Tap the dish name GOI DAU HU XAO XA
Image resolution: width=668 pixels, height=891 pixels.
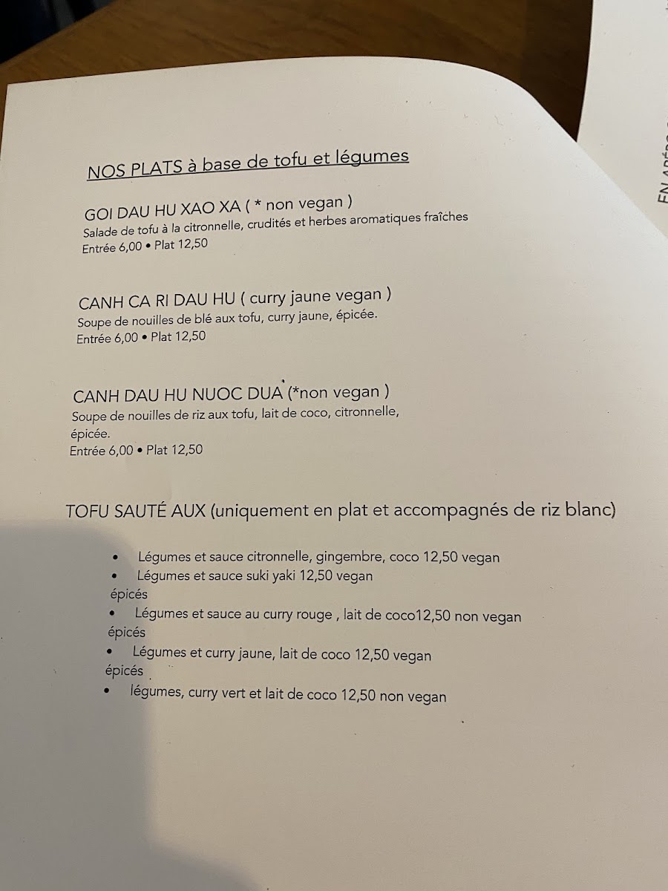pyautogui.click(x=163, y=211)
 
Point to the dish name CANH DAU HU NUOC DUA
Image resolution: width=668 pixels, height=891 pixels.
pyautogui.click(x=178, y=393)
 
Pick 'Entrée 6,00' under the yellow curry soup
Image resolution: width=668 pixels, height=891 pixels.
pyautogui.click(x=108, y=338)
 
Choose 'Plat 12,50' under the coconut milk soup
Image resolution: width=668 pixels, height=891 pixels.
pyautogui.click(x=174, y=449)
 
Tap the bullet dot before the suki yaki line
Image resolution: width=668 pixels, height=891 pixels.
pyautogui.click(x=114, y=575)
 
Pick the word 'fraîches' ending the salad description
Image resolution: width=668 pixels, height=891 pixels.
pyautogui.click(x=442, y=217)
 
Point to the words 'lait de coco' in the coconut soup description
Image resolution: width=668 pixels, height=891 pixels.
pyautogui.click(x=292, y=413)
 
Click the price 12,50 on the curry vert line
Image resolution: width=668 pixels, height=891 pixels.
pyautogui.click(x=359, y=696)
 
